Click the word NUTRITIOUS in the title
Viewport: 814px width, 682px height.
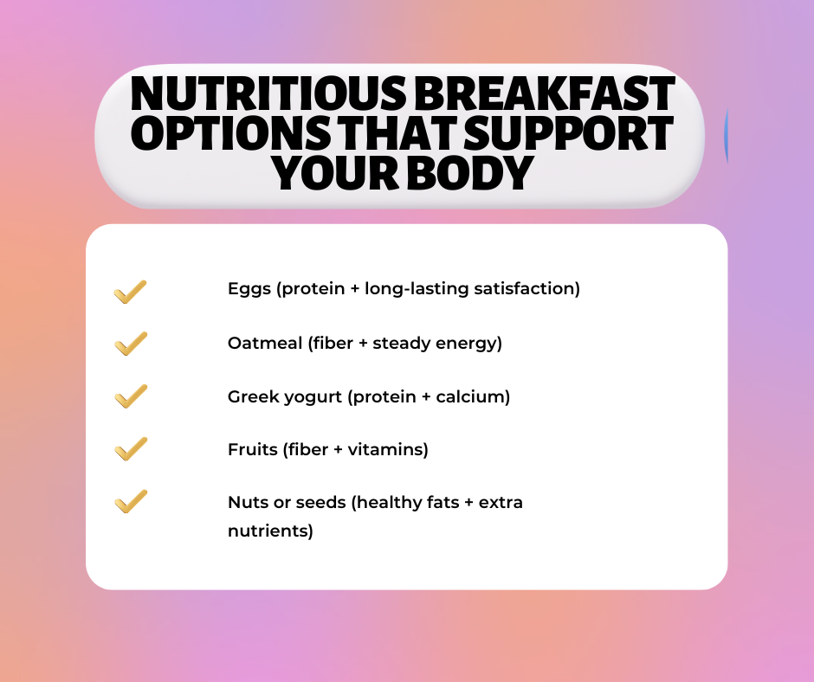point(268,93)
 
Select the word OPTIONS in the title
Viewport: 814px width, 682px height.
point(234,133)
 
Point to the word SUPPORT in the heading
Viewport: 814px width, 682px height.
point(568,133)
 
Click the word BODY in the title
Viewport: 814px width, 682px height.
point(470,172)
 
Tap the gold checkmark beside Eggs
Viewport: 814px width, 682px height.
point(130,292)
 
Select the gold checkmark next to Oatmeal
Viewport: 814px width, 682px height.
point(130,344)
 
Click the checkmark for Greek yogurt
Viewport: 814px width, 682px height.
point(130,396)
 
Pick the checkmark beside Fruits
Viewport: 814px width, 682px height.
point(130,449)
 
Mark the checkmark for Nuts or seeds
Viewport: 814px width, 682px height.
point(130,501)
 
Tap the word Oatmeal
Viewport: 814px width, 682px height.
point(265,343)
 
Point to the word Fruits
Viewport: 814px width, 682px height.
point(253,449)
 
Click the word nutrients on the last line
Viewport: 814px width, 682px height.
point(270,531)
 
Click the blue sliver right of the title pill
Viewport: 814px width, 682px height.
point(727,135)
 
